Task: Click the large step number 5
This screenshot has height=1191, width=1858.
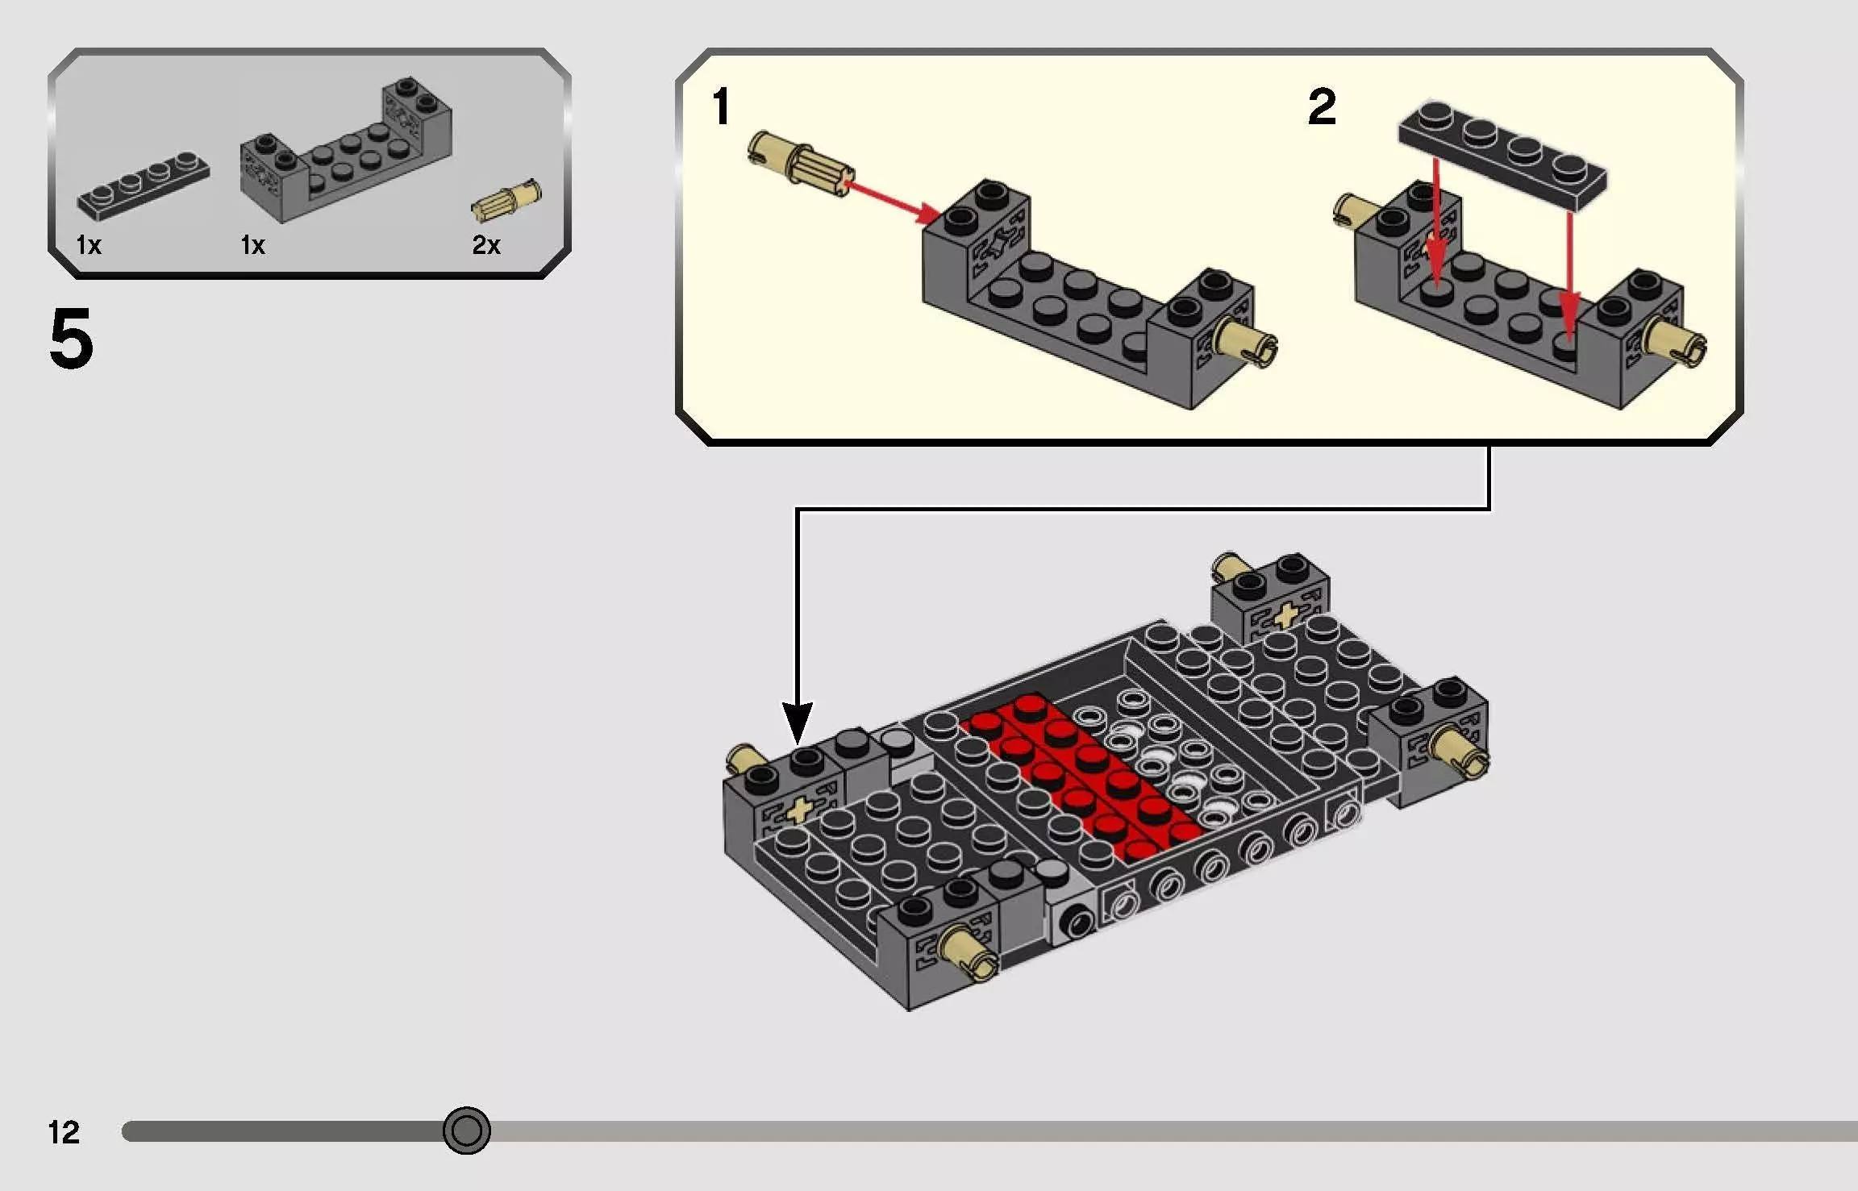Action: pos(71,339)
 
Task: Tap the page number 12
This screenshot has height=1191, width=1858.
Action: pos(64,1132)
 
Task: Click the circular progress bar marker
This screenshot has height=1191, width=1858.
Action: pos(466,1131)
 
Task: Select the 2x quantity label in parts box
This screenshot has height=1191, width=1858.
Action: pos(486,245)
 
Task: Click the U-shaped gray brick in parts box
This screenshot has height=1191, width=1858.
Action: pos(345,155)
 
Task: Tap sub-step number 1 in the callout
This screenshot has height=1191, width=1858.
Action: pos(721,107)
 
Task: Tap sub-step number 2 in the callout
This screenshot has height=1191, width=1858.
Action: pos(1322,107)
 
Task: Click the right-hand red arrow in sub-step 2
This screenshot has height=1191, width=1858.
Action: pos(1569,274)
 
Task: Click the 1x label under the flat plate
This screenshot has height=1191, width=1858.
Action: pos(89,245)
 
